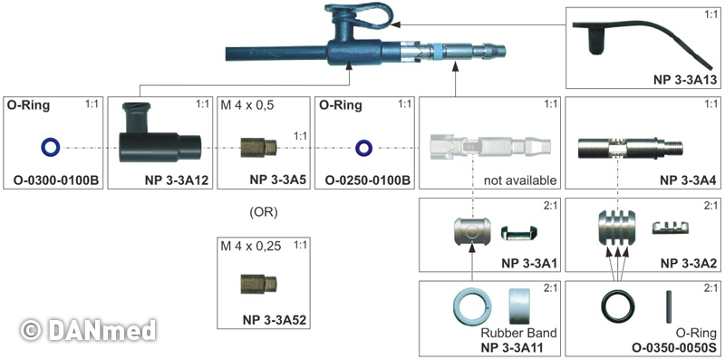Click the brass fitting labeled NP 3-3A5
[x=258, y=147]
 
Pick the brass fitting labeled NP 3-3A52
[x=258, y=284]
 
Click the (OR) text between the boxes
[x=263, y=213]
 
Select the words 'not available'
[x=520, y=180]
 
